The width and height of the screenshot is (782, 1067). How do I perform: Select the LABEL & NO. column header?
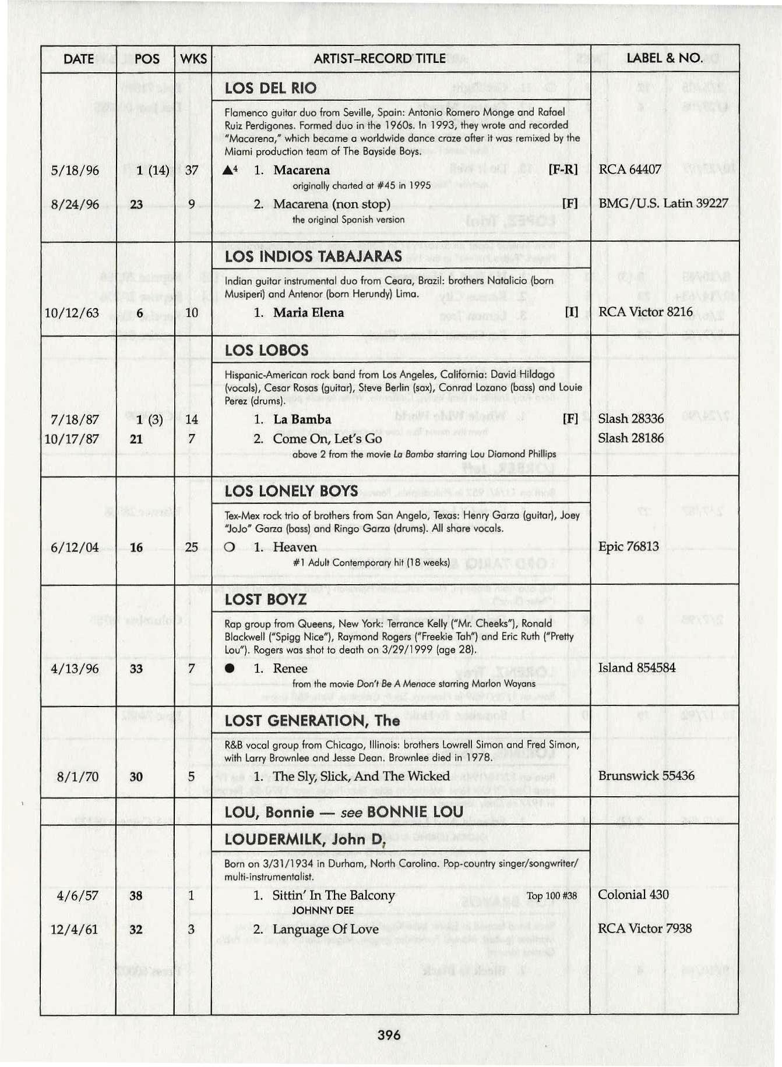tap(664, 58)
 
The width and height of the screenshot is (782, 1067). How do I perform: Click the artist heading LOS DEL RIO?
tap(270, 89)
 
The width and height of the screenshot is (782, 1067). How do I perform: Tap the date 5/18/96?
tap(75, 171)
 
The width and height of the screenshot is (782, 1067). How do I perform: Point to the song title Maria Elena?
tap(308, 313)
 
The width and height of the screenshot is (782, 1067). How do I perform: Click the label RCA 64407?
tap(629, 169)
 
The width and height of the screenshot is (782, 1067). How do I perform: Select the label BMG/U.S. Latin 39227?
tap(663, 203)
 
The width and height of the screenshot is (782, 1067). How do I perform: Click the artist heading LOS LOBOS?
tap(266, 350)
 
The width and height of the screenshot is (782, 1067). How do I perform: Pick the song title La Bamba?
tap(302, 419)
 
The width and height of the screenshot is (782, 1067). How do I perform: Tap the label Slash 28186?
tap(630, 438)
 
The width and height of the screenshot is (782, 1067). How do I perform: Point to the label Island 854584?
tap(636, 667)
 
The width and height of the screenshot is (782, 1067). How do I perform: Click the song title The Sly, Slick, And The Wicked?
tap(361, 776)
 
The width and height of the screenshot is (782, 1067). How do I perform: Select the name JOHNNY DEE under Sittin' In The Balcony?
tap(323, 910)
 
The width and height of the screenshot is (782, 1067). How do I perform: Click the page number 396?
tap(389, 1035)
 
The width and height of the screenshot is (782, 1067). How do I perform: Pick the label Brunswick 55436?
tap(646, 776)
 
